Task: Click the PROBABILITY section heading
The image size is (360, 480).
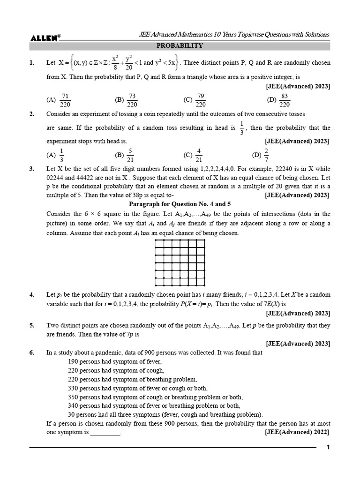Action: click(180, 46)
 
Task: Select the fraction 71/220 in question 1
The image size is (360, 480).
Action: click(65, 100)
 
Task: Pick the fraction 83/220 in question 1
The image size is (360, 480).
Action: click(285, 100)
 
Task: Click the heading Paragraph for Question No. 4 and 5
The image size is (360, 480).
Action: click(180, 204)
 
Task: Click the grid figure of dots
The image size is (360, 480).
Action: click(180, 262)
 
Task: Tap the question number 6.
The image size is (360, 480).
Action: click(32, 352)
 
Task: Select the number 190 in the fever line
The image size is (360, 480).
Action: click(74, 361)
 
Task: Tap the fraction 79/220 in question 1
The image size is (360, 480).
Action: click(201, 100)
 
